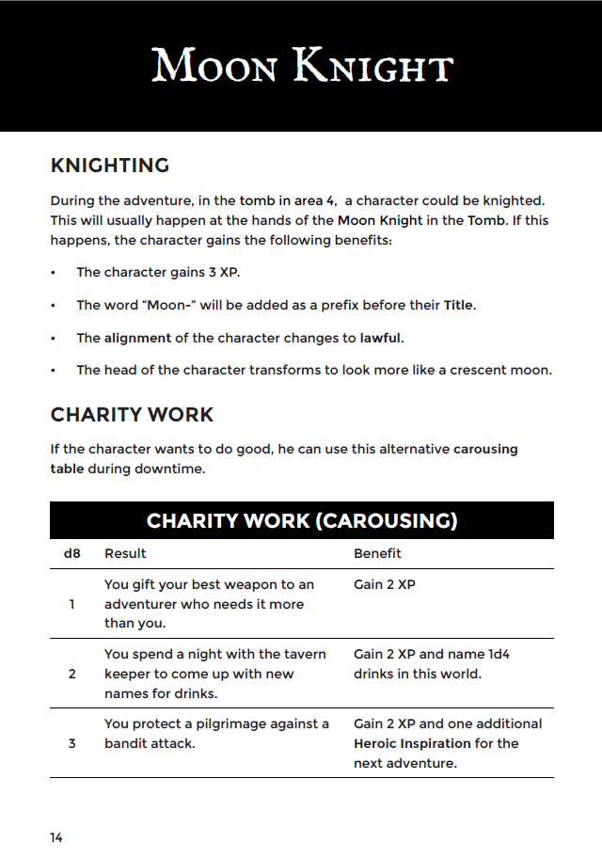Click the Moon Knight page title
[x=302, y=67]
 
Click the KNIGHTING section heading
[x=109, y=166]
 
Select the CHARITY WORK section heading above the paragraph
[x=132, y=415]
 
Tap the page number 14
[x=56, y=836]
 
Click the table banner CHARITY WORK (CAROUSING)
[x=302, y=520]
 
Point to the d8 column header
[x=72, y=553]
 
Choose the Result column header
[x=125, y=553]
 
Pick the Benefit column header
[x=377, y=553]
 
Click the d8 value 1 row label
[x=72, y=604]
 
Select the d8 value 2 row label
[x=72, y=674]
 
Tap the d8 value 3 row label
[x=72, y=743]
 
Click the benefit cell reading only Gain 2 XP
[x=385, y=584]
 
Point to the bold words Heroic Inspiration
[x=412, y=743]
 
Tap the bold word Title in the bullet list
[x=459, y=306]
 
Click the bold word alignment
[x=137, y=338]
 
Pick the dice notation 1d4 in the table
[x=499, y=654]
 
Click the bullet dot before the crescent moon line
[x=54, y=371]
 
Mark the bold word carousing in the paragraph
[x=485, y=449]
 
